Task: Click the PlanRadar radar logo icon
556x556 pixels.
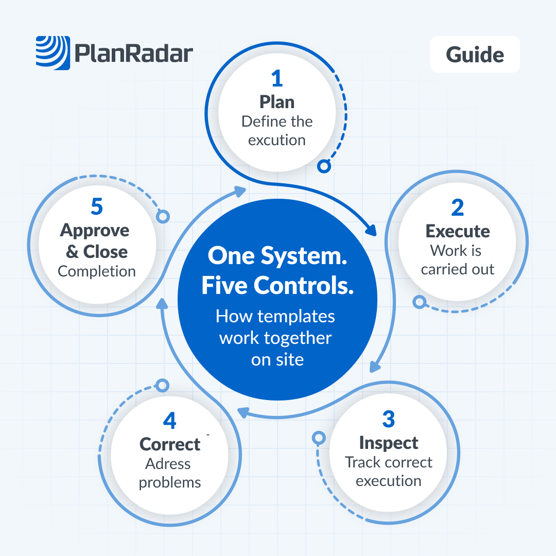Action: coord(53,52)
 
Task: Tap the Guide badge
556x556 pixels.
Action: coord(475,54)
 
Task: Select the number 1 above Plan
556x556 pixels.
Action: coord(277,79)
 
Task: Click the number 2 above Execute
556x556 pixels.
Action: coord(457,207)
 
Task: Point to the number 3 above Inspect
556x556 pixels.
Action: coord(388,420)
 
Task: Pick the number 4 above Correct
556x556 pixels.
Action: coord(169,421)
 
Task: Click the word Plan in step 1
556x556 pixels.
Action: coord(277,102)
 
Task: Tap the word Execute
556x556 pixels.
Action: coord(457,231)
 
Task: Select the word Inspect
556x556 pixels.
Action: coord(389,443)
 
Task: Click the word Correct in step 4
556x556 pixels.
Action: coord(170,444)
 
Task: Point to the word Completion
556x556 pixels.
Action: coord(97,271)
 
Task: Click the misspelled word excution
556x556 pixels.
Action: coord(277,140)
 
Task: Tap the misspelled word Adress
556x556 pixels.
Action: coord(168,464)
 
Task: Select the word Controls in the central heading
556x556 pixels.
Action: coord(316,286)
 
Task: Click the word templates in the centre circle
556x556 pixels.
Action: coord(297,316)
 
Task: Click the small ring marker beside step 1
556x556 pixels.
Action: coord(324,166)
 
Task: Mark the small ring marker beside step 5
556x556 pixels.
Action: coord(163,216)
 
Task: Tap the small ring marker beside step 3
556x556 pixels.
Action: coord(319,438)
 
